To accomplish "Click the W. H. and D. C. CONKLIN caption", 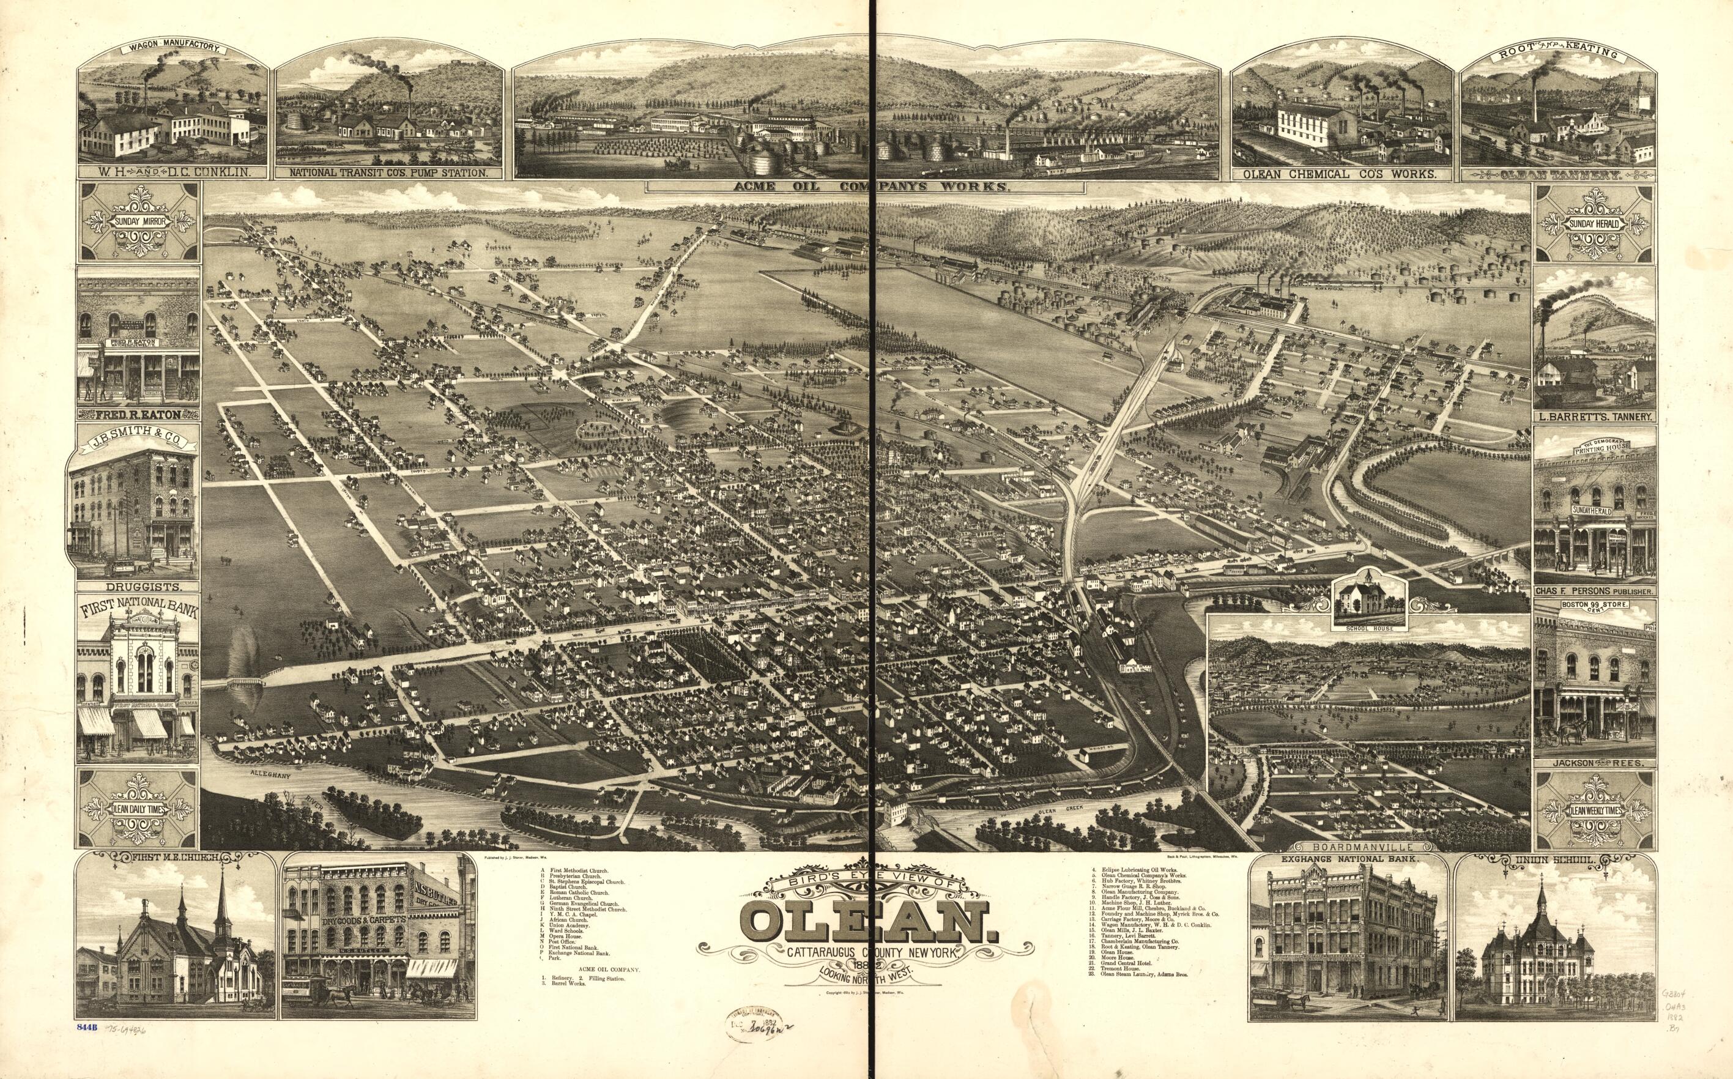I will pyautogui.click(x=173, y=174).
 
